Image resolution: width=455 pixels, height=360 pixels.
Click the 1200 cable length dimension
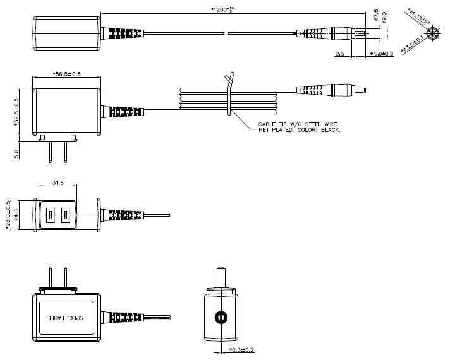[233, 9]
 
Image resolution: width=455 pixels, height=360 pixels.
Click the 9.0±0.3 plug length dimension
[381, 54]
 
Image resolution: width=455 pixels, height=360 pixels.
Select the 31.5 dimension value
[58, 184]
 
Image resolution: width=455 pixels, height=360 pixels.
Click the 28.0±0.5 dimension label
[8, 213]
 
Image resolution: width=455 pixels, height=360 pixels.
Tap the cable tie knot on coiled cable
[230, 79]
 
